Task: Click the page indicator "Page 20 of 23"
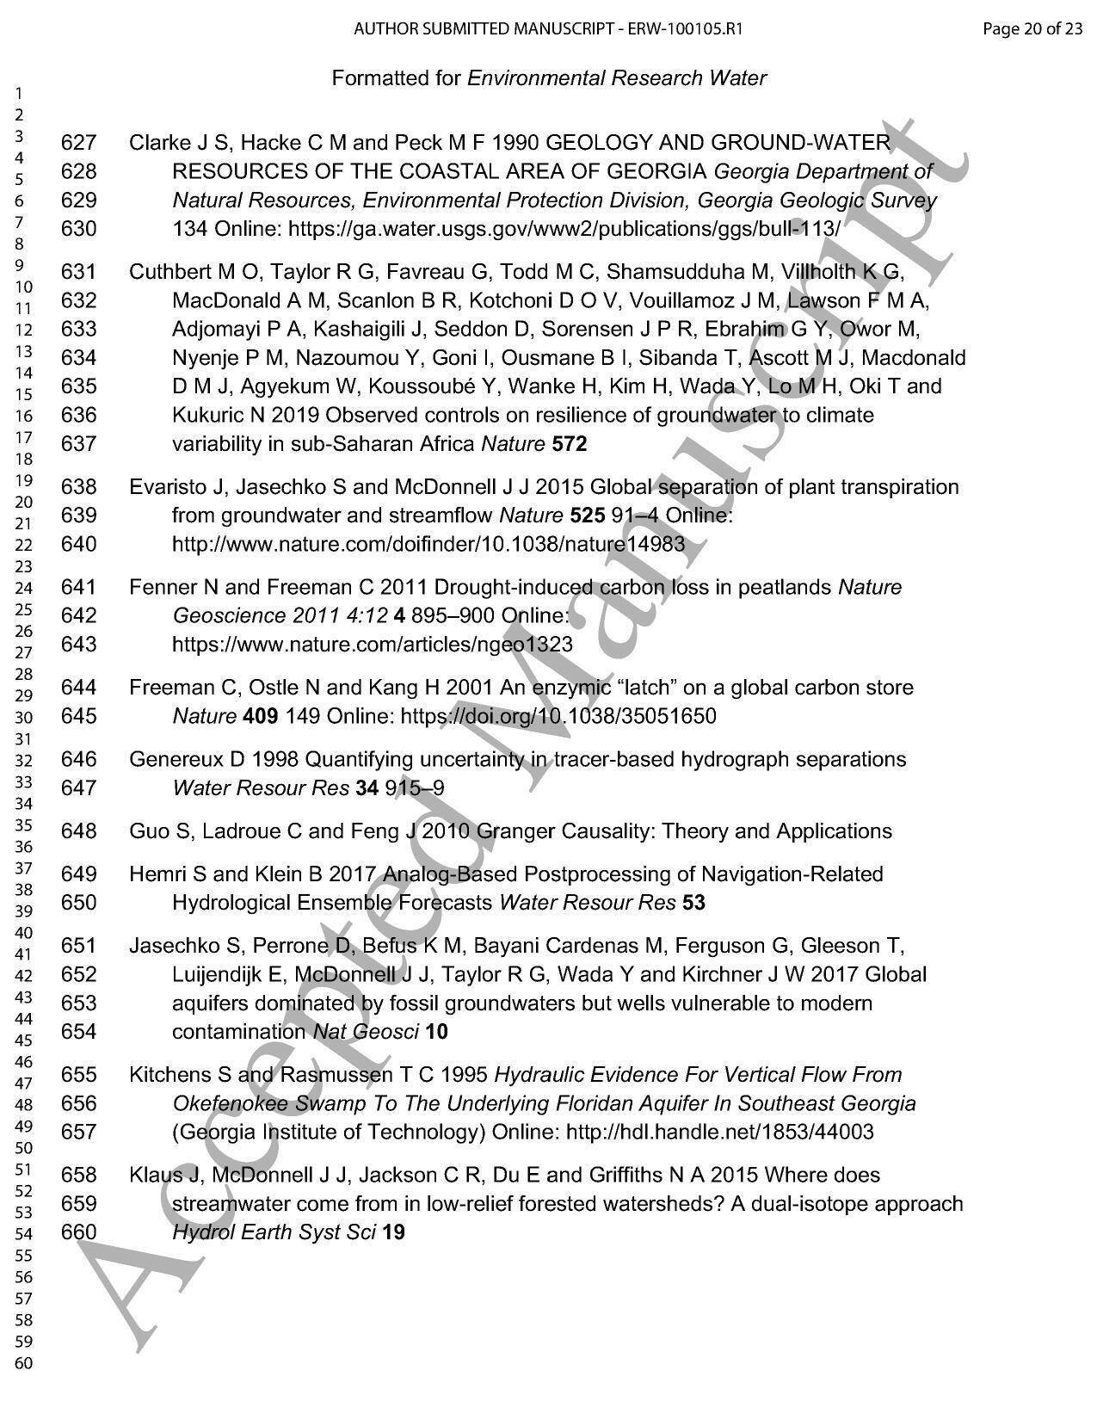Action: click(x=1032, y=28)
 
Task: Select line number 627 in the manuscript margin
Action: click(x=79, y=143)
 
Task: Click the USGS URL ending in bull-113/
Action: click(x=564, y=229)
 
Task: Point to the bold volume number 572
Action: click(x=570, y=444)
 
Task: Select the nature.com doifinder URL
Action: click(x=428, y=544)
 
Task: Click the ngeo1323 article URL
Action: click(x=372, y=645)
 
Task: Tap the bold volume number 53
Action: click(x=693, y=903)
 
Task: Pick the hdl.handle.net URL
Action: click(x=719, y=1132)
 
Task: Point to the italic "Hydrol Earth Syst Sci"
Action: click(x=274, y=1232)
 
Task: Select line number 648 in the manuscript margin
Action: click(x=79, y=831)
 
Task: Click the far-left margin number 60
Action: click(x=24, y=1363)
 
